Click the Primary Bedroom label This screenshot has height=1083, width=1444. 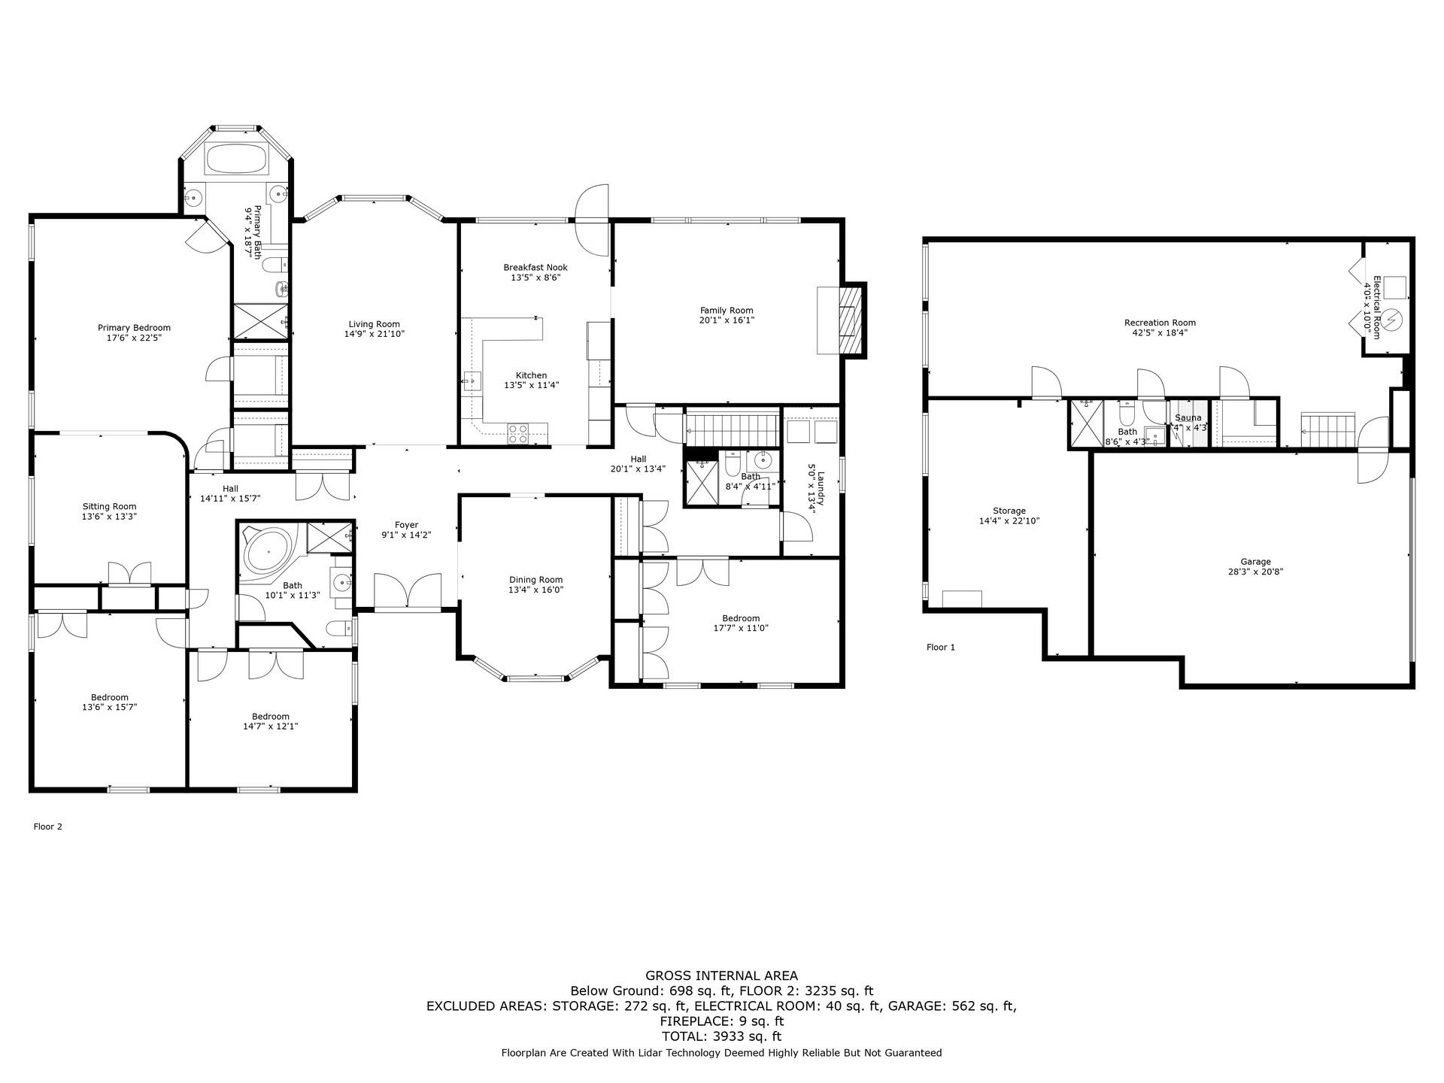[134, 328]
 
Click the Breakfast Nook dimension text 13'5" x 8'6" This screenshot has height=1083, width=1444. [535, 278]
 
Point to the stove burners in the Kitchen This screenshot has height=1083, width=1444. [518, 432]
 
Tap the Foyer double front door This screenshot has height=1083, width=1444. [407, 591]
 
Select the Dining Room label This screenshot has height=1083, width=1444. [535, 580]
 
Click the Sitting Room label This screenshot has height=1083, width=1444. [109, 506]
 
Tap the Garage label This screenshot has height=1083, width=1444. [1255, 562]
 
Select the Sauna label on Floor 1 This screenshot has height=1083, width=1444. [1188, 417]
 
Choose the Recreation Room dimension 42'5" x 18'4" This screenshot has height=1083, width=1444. [1160, 332]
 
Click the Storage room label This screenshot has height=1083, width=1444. [1009, 511]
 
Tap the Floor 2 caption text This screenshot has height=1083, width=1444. [48, 827]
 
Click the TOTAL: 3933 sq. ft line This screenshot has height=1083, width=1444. [721, 1036]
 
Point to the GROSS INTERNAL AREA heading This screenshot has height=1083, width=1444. [721, 976]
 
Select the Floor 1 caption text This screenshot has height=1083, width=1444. [940, 647]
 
